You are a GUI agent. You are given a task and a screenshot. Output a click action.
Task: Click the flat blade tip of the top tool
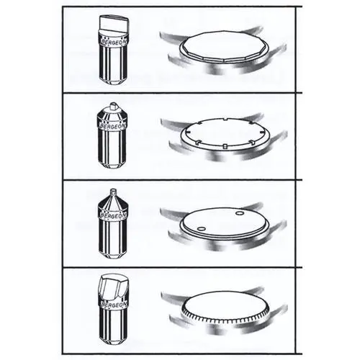[114, 23]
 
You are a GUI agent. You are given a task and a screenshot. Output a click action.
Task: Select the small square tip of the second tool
[113, 105]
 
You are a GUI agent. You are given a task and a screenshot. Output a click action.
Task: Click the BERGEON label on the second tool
[113, 126]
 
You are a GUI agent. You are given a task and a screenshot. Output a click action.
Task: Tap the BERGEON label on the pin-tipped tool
[113, 215]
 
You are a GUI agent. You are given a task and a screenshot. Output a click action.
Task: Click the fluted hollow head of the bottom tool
[114, 287]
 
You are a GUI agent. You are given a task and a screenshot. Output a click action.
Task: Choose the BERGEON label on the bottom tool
[114, 305]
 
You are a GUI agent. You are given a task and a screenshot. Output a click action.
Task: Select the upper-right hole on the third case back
[239, 213]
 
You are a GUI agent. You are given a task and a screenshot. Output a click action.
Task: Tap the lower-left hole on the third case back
[201, 228]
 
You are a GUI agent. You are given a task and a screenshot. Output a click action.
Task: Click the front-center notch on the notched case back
[225, 146]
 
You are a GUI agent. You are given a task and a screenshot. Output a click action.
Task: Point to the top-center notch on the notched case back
[225, 120]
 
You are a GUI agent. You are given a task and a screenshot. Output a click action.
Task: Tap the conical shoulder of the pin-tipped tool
[113, 202]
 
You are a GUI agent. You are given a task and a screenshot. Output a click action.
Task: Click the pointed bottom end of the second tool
[113, 165]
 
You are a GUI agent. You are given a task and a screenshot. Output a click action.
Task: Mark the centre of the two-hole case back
[223, 221]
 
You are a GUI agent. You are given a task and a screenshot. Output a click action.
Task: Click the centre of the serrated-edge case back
[225, 305]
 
